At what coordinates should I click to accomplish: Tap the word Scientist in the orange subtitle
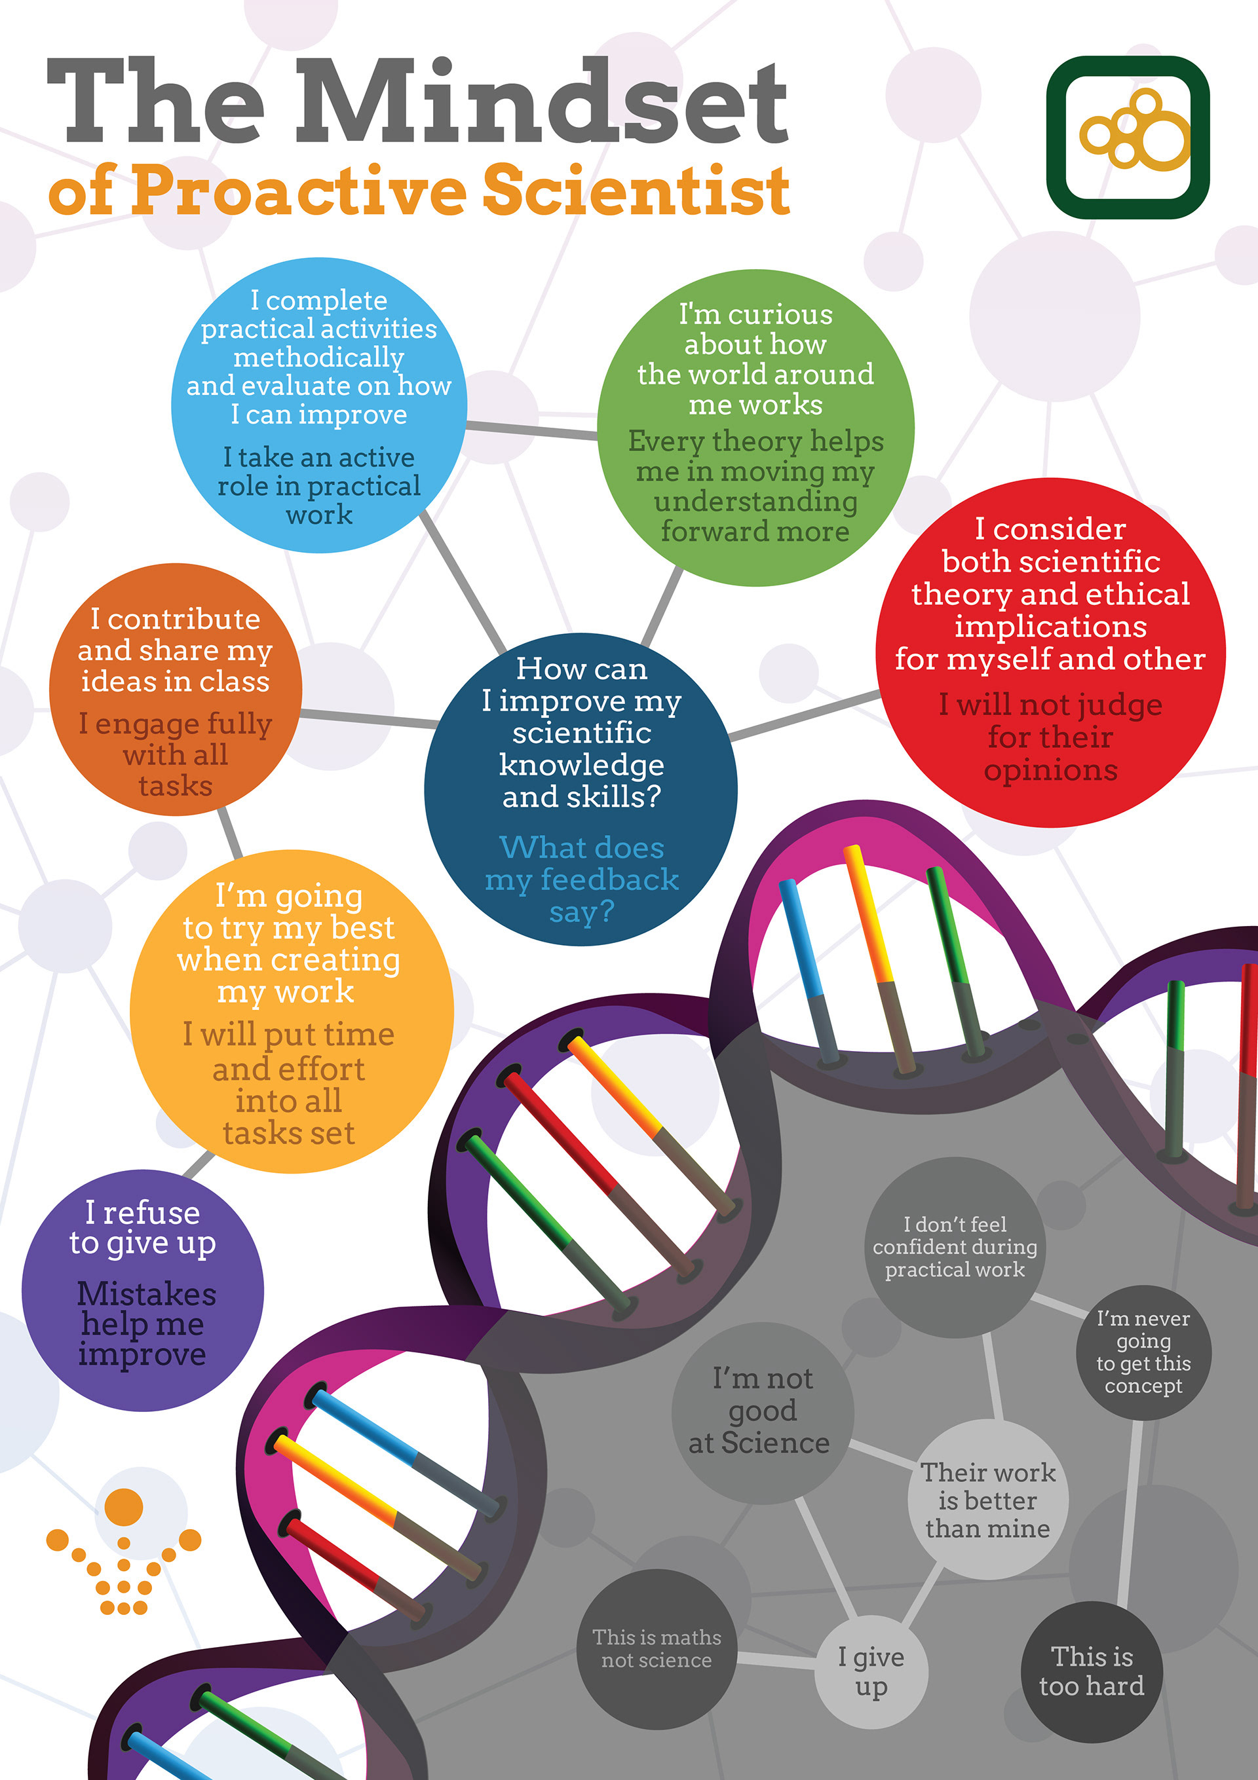636,191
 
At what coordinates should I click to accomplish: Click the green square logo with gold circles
1127,138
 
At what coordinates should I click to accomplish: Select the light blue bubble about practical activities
319,405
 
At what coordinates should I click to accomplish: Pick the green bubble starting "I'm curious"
755,426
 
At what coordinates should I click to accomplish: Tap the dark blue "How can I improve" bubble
581,788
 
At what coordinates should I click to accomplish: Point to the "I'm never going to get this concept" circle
1143,1352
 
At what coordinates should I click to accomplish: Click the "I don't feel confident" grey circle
955,1247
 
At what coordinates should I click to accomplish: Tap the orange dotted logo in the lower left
124,1551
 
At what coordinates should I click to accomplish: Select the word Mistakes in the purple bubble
147,1293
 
